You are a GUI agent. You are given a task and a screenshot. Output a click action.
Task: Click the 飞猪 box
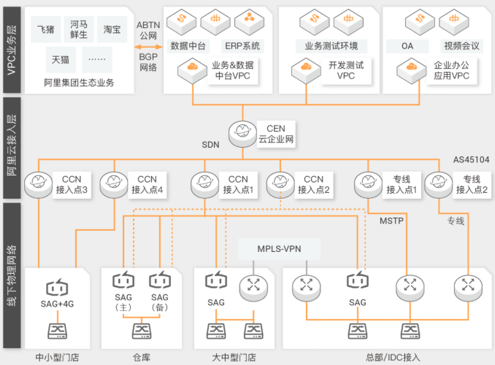(x=46, y=29)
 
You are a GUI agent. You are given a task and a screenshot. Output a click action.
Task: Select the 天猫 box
(x=61, y=59)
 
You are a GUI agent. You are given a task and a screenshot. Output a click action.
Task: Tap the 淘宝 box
(x=112, y=29)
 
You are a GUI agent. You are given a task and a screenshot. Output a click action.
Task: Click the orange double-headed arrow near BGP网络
(x=148, y=47)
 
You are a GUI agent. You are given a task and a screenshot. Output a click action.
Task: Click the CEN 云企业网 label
(x=276, y=134)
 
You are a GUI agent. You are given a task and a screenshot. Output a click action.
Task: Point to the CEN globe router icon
(x=242, y=134)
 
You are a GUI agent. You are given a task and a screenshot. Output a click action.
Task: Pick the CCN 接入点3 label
(x=72, y=185)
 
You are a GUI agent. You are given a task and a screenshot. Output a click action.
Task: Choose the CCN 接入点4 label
(x=147, y=185)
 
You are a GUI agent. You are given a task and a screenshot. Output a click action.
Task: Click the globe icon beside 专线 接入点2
(x=438, y=185)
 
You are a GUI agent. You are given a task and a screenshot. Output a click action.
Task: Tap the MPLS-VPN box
(x=279, y=249)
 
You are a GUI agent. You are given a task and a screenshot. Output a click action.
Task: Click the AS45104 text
(x=471, y=160)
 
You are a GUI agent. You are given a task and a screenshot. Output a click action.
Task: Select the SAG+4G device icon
(x=57, y=287)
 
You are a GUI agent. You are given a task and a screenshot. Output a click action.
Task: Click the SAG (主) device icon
(x=123, y=280)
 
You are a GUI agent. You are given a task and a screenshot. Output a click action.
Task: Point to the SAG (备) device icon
(x=160, y=280)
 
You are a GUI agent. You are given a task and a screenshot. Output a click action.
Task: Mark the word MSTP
(x=392, y=221)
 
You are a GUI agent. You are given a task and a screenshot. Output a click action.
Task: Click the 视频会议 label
(x=462, y=46)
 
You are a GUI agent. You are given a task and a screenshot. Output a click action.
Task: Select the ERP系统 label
(x=242, y=46)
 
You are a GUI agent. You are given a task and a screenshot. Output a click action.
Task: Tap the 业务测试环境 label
(x=331, y=46)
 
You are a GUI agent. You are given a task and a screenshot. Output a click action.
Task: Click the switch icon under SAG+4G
(x=57, y=331)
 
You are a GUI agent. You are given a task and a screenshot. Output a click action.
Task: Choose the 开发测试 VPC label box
(x=346, y=71)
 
